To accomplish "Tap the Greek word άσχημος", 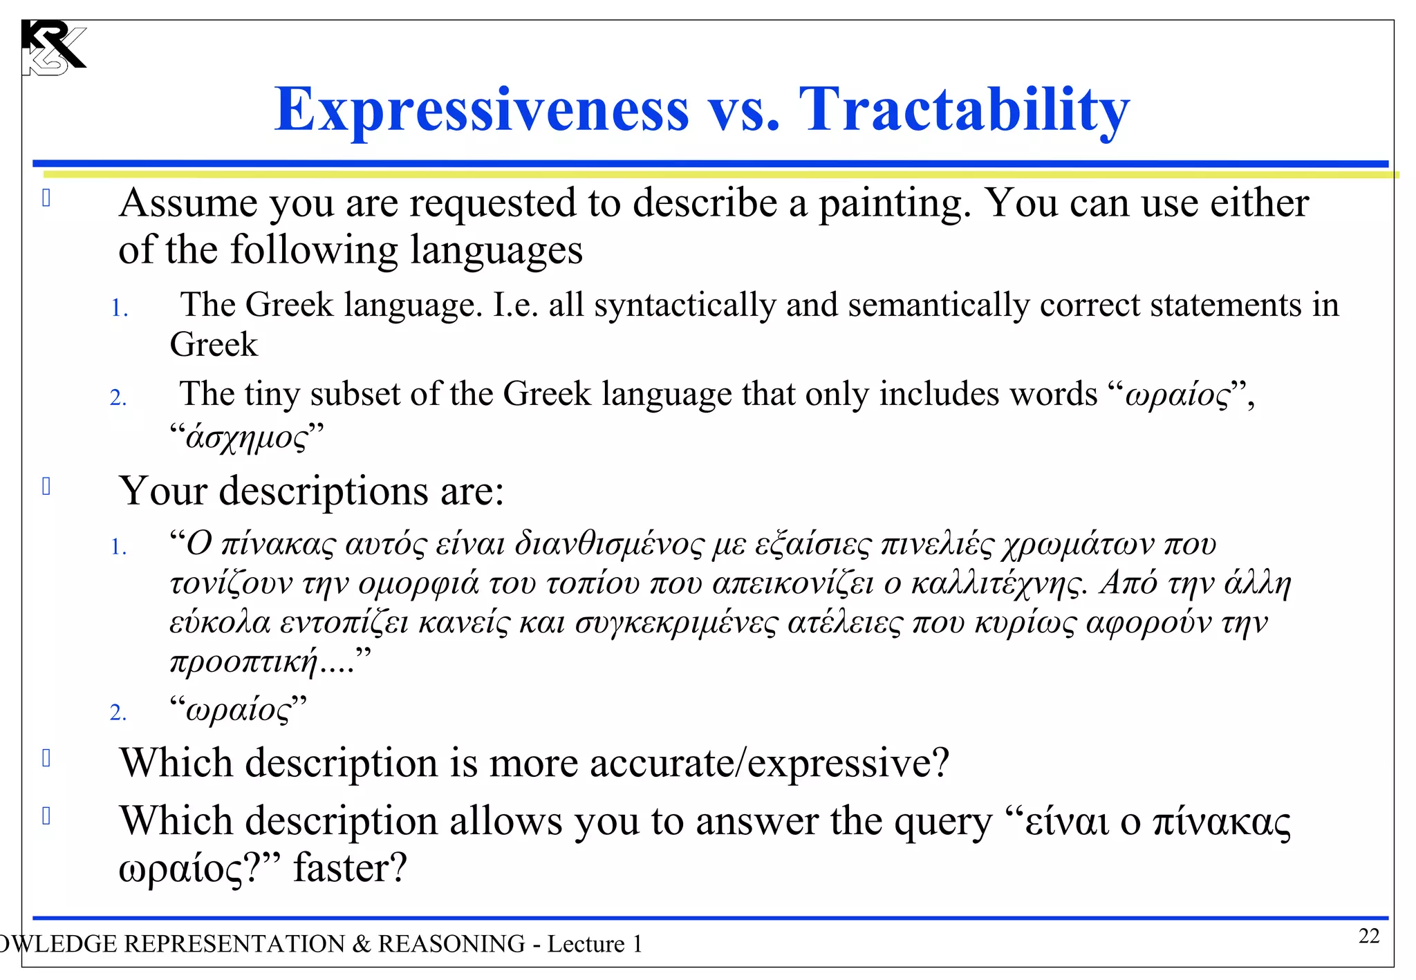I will click(x=246, y=437).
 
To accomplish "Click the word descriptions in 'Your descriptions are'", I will click(x=323, y=491).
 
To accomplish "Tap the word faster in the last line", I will click(x=350, y=868).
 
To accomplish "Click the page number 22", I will click(x=1368, y=936).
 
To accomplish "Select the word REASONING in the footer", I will click(x=451, y=944).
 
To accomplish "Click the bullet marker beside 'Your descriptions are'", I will click(x=46, y=487).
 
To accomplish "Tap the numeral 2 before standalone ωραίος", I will click(x=118, y=713).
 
